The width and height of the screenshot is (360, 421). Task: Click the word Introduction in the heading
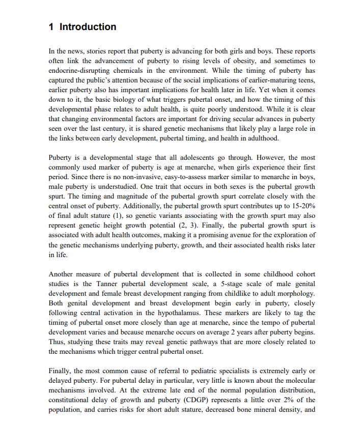tap(88, 27)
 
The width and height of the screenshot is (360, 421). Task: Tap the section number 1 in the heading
tap(51, 27)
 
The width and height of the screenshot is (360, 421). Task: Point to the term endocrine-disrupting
tap(84, 71)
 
